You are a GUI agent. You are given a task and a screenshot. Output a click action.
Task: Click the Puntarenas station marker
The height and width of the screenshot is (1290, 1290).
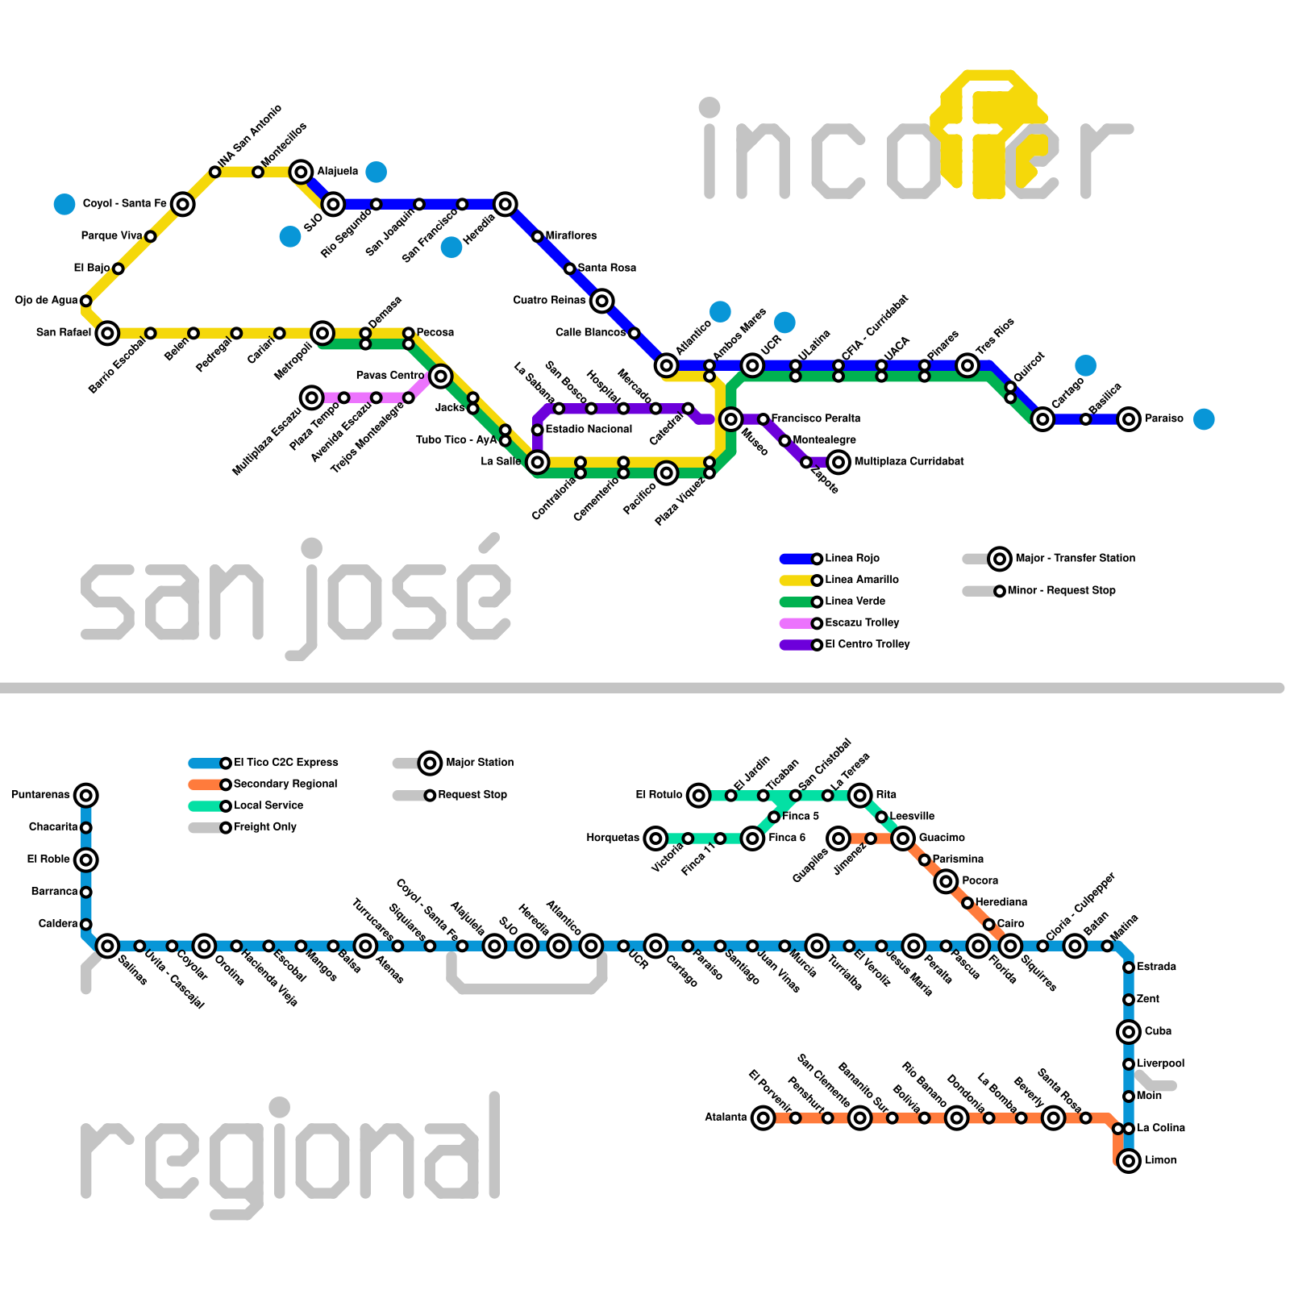[x=86, y=795]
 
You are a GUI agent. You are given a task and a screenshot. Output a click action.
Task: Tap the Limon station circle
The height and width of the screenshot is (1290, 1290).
[x=1129, y=1160]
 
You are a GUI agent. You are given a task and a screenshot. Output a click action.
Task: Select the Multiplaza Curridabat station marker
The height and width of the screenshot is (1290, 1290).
[x=838, y=462]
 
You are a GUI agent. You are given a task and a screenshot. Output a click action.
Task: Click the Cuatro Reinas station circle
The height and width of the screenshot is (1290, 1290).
[x=601, y=301]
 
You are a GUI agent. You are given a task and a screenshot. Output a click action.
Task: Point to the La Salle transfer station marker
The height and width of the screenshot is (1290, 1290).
[x=538, y=462]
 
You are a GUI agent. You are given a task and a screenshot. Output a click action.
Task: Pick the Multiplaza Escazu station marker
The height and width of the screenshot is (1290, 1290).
[x=312, y=397]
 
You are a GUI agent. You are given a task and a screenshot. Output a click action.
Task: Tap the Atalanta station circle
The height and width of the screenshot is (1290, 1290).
[x=763, y=1117]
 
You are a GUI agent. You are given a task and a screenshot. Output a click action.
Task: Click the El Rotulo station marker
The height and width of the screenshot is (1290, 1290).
[x=699, y=796]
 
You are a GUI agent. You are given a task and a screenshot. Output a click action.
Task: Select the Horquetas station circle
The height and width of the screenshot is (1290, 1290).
[x=656, y=838]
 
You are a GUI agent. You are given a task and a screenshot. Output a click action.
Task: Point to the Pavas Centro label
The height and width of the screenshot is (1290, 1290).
[x=390, y=376]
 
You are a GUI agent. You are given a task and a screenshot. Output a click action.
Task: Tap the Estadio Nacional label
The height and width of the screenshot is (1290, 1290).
[x=589, y=429]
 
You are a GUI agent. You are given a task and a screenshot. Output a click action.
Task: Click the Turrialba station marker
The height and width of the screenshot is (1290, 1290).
[x=817, y=946]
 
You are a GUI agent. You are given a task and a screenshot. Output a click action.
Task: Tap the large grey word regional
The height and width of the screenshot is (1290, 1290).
[x=290, y=1153]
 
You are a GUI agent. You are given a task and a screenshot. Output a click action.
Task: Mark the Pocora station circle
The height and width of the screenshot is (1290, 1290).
[x=946, y=881]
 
